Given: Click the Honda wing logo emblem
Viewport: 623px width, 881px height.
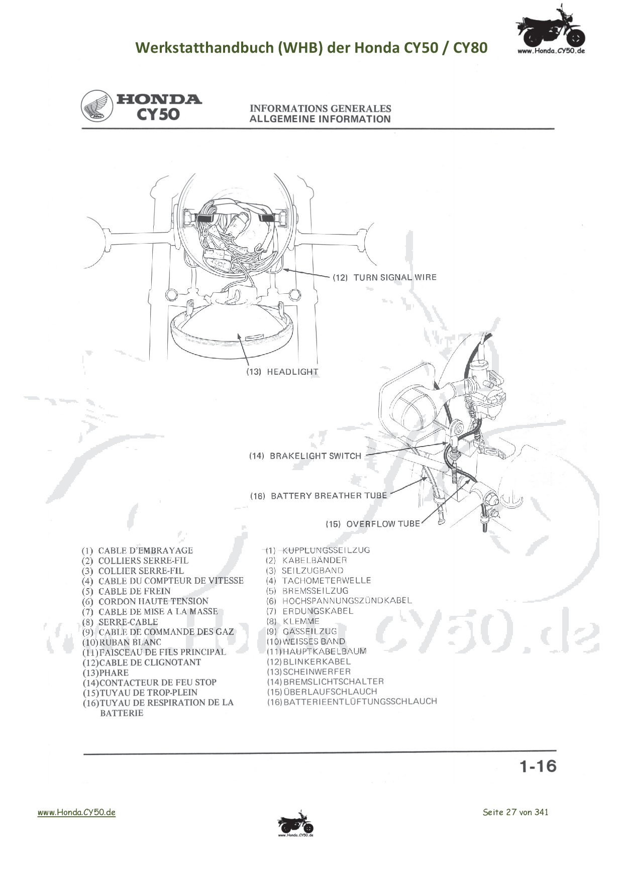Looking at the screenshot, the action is click(97, 106).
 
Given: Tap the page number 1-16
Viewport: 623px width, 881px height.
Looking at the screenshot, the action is click(538, 766).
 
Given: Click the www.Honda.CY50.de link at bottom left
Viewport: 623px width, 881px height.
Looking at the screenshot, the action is click(76, 812).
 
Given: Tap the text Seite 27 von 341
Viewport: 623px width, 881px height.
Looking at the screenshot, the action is click(515, 812).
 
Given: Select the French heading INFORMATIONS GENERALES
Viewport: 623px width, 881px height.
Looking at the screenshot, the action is click(320, 108).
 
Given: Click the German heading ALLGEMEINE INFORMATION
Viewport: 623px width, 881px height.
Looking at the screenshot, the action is click(320, 119).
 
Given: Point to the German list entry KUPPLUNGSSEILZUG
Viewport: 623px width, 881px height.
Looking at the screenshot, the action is click(326, 550).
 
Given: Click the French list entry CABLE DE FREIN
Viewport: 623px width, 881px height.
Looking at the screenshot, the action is click(134, 591).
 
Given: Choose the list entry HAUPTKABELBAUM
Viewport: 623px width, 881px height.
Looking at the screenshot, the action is click(325, 651).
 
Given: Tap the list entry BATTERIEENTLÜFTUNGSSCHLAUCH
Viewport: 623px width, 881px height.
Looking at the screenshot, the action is click(360, 702).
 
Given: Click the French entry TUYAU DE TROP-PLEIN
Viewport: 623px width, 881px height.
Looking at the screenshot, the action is click(149, 693).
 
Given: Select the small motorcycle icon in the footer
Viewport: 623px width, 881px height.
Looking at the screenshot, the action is click(295, 823).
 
